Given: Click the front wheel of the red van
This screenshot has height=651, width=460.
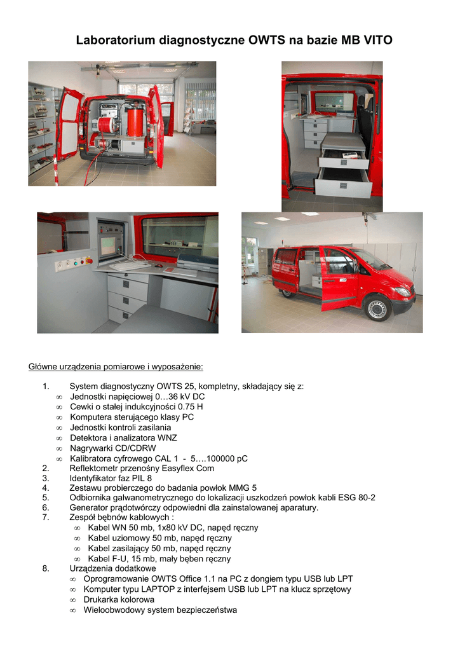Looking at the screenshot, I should pos(377,309).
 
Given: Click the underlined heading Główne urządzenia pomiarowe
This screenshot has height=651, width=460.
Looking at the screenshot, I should pos(116,367).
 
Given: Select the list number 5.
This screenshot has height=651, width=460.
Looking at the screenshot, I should pos(46,497).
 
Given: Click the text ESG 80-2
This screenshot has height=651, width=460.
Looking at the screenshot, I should pos(355,497).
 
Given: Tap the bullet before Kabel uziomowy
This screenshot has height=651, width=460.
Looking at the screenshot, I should pos(77,538).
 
